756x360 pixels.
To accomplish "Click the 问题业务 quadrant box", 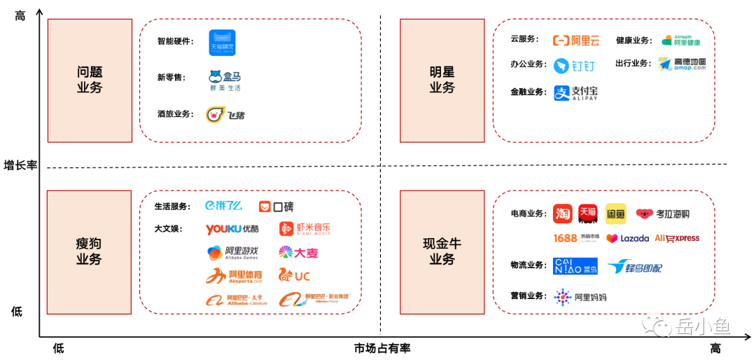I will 90,80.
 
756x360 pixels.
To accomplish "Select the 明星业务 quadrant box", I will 442,80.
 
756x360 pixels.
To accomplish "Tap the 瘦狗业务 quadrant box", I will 89,251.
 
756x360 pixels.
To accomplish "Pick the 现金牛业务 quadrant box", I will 442,251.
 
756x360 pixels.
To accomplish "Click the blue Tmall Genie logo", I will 222,43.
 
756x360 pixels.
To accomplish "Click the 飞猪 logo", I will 225,115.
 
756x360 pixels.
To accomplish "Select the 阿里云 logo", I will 577,41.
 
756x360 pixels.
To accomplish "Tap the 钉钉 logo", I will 575,66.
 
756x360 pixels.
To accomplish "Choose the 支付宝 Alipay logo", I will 575,92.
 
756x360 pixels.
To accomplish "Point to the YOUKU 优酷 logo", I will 232,229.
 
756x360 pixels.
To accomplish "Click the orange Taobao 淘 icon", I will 562,214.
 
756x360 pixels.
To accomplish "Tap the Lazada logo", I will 627,239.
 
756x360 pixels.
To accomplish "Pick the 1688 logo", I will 566,238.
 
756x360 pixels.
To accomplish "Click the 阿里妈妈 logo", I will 580,297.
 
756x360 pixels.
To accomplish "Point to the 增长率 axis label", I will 20,165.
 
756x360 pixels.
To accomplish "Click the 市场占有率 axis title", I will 381,348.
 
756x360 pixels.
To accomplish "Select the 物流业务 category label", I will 528,265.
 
